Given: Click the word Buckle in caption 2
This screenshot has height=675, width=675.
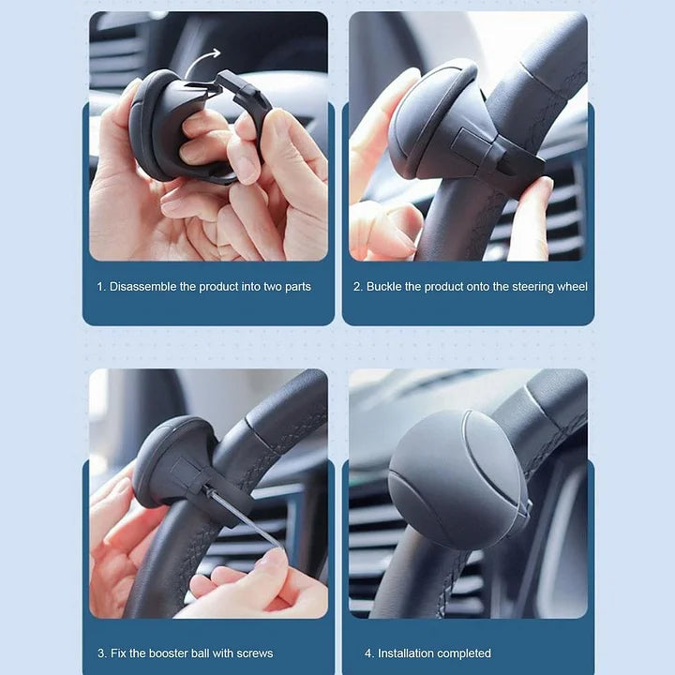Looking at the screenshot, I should tap(384, 286).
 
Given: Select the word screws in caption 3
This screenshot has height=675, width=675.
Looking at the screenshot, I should tap(255, 652).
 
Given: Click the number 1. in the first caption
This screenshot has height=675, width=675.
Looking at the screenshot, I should tap(101, 286).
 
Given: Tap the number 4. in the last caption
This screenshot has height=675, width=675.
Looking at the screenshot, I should tap(369, 652).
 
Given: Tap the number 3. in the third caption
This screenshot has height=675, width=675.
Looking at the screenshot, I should tap(101, 652).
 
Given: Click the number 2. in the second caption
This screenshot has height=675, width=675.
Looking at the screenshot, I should tap(357, 286).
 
